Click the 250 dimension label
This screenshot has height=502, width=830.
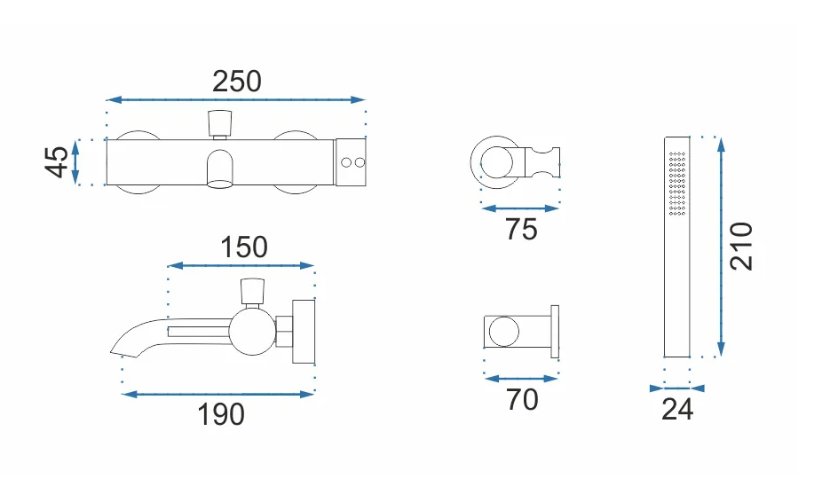237,82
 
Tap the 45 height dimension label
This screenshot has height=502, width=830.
57,162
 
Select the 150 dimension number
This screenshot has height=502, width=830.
244,247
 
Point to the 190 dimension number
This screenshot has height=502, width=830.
221,414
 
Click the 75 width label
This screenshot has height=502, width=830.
521,230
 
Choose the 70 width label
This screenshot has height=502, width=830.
522,399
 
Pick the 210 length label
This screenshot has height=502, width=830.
741,247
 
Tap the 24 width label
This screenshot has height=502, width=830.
677,409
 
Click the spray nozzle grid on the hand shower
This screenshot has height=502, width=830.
677,184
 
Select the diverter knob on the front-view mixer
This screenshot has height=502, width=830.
220,122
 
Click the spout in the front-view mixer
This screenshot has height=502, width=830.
219,169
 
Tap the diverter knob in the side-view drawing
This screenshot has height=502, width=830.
252,292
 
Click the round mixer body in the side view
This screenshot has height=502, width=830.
253,332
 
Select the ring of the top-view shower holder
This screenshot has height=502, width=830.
495,162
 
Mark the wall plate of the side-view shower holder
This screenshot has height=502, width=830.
555,332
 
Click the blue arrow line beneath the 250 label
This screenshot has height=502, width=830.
235,99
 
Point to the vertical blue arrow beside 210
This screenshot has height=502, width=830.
721,247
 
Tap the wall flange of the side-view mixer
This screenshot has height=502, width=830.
304,331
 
